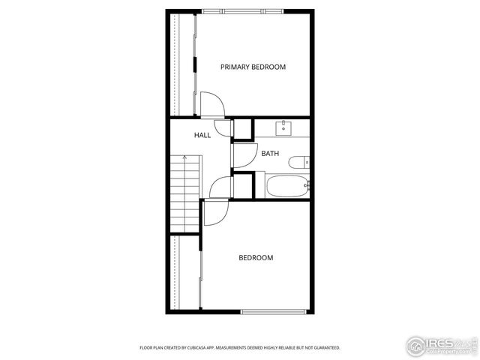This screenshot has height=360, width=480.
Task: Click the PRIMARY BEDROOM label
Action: (253, 67)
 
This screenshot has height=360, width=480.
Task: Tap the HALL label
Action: (202, 136)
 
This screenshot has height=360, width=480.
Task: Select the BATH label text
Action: (270, 154)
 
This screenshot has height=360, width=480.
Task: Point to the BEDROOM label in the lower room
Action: (256, 258)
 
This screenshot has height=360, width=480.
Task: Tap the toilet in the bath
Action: (298, 162)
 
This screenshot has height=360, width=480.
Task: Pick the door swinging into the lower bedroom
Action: (214, 214)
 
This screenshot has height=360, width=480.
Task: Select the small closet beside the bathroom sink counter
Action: (243, 129)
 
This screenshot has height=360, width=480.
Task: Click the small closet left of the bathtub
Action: (244, 185)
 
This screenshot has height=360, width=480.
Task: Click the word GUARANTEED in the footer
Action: (324, 348)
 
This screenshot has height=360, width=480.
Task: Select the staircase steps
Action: (184, 195)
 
